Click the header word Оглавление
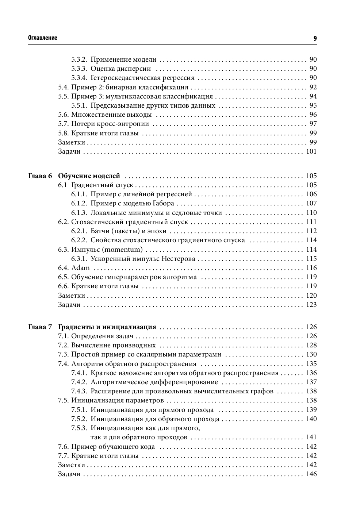43,38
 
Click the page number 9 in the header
315,38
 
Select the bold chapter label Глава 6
40,176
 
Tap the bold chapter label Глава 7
40,327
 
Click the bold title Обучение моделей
89,176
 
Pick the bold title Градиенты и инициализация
107,327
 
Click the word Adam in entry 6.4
80,268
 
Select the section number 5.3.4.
79,78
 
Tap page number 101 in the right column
311,152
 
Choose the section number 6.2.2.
79,240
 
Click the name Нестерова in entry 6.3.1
179,259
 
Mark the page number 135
311,364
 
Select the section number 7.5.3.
79,428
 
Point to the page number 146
311,474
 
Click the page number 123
311,305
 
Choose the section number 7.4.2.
79,382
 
